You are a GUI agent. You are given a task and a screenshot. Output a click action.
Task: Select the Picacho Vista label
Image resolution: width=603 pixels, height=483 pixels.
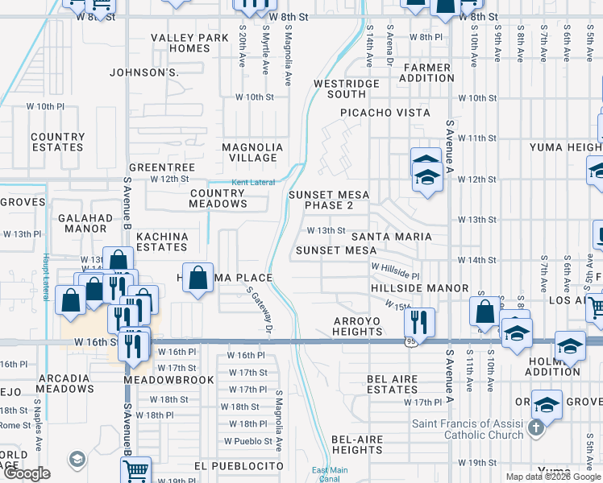385,113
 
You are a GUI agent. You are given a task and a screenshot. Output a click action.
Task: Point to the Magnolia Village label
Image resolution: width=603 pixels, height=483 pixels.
252,152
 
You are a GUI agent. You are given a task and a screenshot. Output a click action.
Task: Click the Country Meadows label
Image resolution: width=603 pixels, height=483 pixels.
218,198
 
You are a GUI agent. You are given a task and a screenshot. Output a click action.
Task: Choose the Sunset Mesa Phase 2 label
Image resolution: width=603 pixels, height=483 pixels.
329,200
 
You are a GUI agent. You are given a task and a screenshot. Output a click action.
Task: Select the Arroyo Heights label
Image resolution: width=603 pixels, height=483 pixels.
356,326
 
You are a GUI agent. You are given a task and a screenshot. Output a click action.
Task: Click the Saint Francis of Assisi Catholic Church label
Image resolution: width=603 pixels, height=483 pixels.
468,429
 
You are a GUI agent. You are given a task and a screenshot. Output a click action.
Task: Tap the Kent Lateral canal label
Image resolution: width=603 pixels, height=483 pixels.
253,183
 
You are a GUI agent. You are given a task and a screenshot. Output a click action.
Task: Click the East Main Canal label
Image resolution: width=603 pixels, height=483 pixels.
330,475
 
